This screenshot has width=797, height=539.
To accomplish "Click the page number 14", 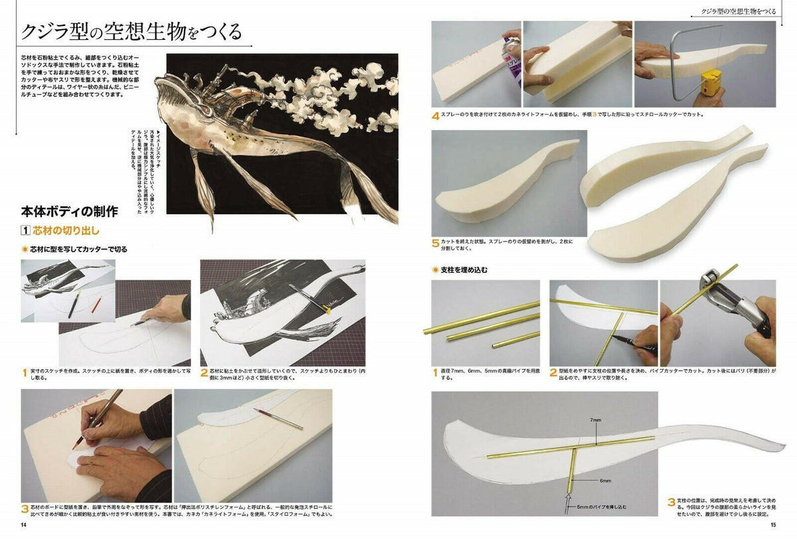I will click(x=24, y=525).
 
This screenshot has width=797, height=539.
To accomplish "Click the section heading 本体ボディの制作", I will click(x=70, y=212).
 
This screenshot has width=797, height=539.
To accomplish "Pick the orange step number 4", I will click(x=436, y=116).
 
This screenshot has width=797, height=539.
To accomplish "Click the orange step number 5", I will click(x=436, y=244).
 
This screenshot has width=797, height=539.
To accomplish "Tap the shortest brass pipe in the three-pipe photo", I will click(x=515, y=338).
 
